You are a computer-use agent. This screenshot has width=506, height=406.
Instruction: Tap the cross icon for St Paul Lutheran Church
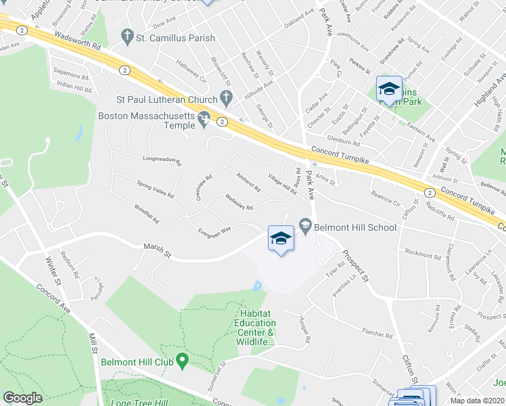click(x=227, y=99)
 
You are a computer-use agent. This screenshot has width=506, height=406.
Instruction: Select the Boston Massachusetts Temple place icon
click(x=203, y=120)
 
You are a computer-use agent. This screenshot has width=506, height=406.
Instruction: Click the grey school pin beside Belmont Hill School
click(x=305, y=226)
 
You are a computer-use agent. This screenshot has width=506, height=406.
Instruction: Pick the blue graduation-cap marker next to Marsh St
click(x=281, y=238)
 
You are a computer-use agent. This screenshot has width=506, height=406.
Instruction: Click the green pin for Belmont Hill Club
click(x=181, y=361)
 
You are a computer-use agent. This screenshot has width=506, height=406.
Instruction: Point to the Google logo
click(x=22, y=397)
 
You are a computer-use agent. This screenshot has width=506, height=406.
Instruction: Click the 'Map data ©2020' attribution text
click(x=477, y=401)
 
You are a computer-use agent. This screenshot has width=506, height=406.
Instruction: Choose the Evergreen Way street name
click(x=214, y=230)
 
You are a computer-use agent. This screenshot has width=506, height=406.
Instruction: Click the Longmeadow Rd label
click(x=162, y=162)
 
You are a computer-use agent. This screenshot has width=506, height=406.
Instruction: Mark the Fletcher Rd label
click(x=377, y=334)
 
